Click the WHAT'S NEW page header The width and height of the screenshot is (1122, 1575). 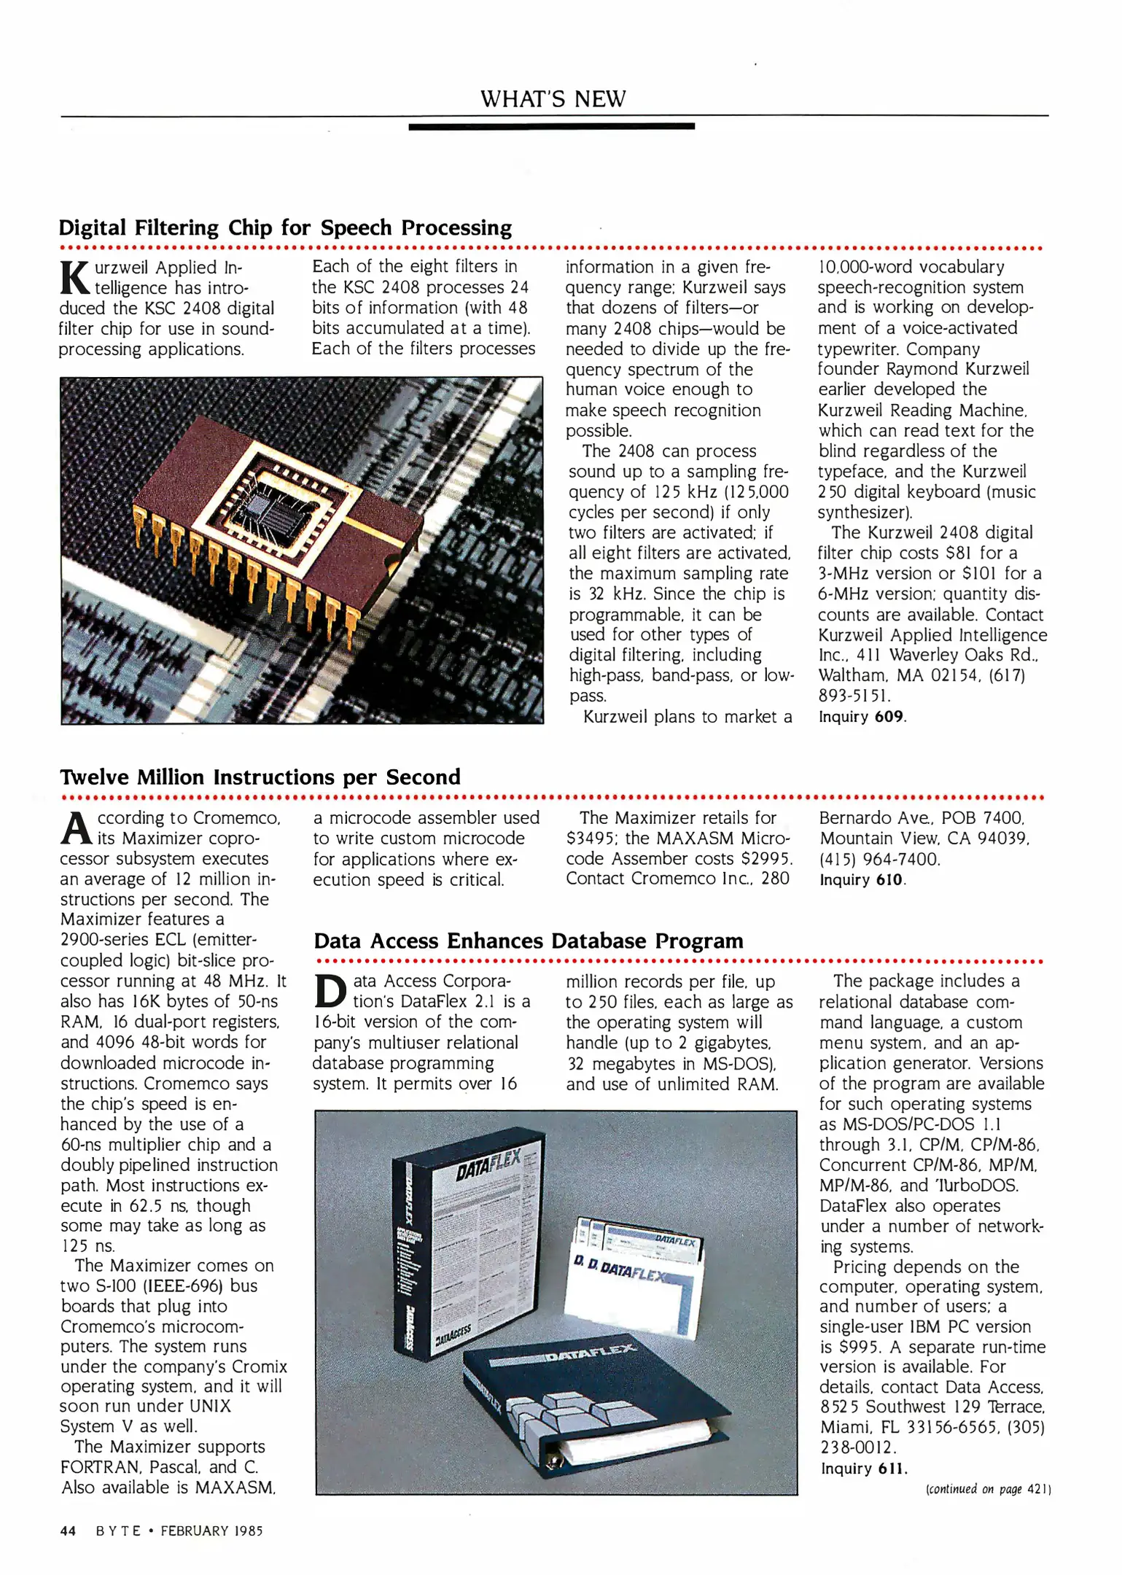[x=553, y=98]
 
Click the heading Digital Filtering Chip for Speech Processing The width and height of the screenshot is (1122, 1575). [x=285, y=227]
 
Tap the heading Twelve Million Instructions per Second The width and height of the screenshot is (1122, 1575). [x=260, y=777]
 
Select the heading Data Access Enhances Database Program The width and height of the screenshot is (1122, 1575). [x=529, y=941]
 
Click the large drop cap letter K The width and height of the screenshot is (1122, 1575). [x=74, y=278]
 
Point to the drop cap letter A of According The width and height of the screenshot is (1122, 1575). [x=76, y=828]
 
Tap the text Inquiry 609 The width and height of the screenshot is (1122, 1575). [x=862, y=717]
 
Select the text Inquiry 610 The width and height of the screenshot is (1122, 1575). [x=862, y=880]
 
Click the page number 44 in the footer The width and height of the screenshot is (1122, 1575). [x=68, y=1531]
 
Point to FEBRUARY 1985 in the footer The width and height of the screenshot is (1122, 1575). [x=211, y=1531]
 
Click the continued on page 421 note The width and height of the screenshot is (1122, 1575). [x=987, y=1489]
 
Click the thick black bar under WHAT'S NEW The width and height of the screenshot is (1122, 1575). [x=551, y=126]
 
